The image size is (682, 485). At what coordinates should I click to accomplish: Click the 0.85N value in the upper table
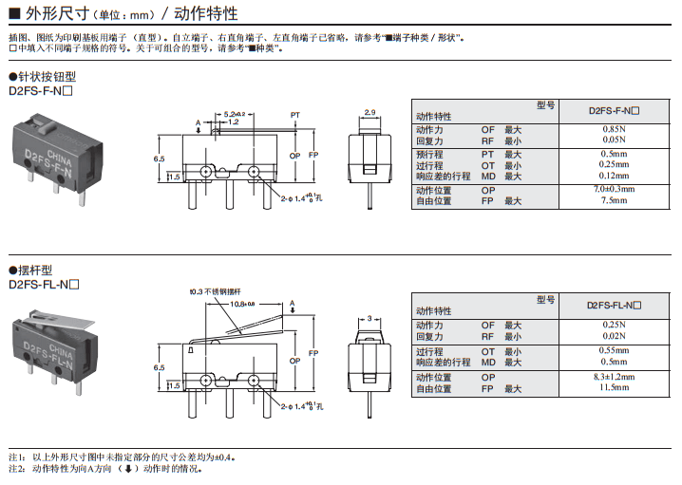click(x=614, y=129)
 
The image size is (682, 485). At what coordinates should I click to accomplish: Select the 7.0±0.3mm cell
click(x=614, y=189)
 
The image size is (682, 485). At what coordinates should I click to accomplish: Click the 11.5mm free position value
click(x=614, y=387)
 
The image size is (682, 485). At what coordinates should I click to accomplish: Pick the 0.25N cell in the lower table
click(x=614, y=325)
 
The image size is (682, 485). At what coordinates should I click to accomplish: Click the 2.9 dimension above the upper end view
click(x=369, y=113)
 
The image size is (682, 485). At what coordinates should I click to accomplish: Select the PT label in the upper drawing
click(x=295, y=113)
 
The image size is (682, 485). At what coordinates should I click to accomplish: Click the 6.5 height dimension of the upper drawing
click(x=159, y=159)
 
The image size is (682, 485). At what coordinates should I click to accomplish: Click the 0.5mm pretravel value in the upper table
click(x=614, y=154)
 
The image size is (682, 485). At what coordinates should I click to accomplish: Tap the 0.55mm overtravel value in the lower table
click(x=614, y=351)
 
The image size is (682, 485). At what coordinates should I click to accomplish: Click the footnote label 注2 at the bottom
click(x=15, y=468)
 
